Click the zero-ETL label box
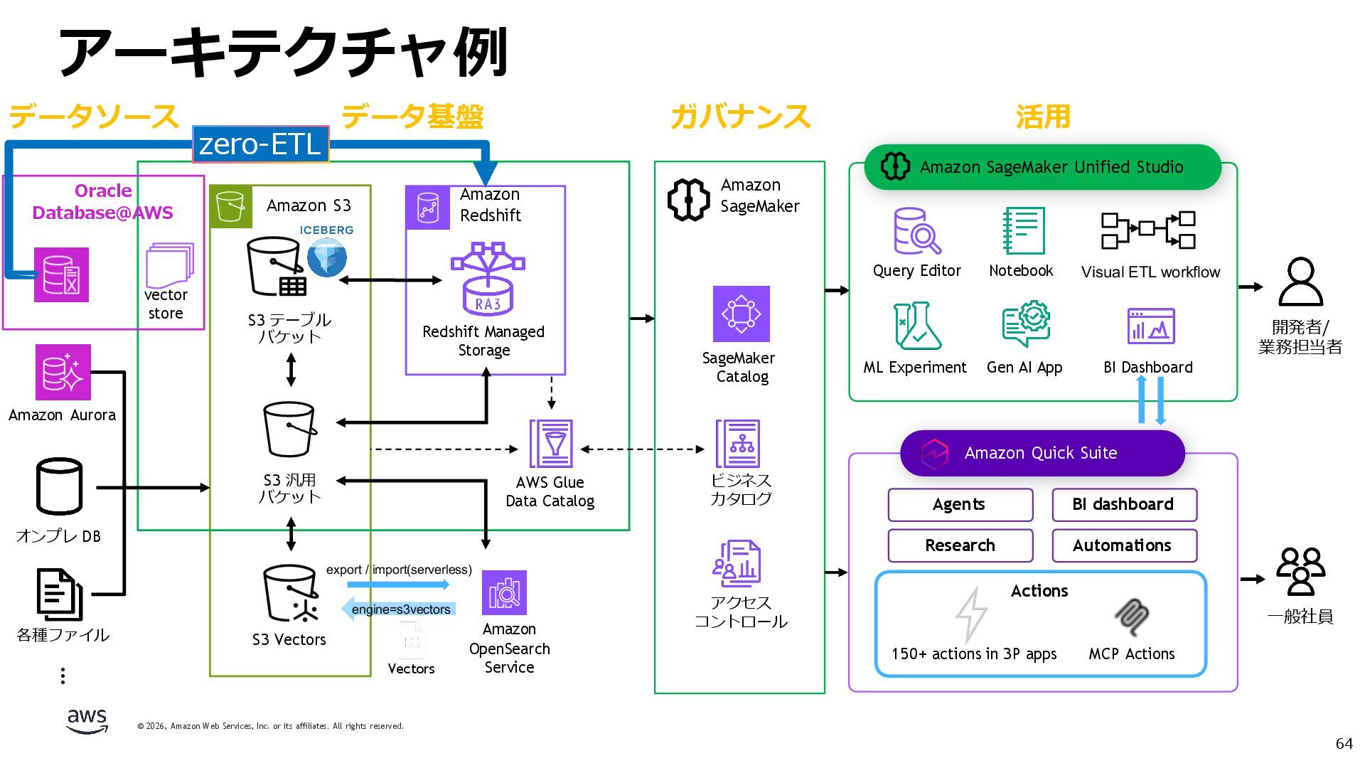(x=260, y=144)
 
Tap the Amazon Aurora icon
(x=63, y=372)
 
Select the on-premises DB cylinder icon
(x=60, y=486)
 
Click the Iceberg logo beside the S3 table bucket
(x=327, y=256)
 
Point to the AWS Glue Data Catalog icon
(x=551, y=444)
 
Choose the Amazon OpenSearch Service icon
(x=504, y=592)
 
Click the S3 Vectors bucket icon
(x=290, y=594)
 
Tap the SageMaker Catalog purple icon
(x=741, y=314)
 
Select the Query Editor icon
(x=916, y=231)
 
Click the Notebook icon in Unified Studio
(x=1023, y=230)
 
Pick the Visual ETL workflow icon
(x=1148, y=230)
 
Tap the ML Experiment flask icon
(x=916, y=326)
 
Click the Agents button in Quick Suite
(x=960, y=505)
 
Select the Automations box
(x=1124, y=545)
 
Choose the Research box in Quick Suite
(x=960, y=545)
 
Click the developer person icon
(x=1300, y=282)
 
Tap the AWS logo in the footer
(x=87, y=720)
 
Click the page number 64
(x=1344, y=744)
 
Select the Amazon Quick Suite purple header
(x=1042, y=453)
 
